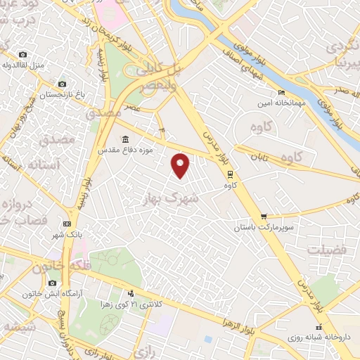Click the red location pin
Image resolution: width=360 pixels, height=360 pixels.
tap(181, 165)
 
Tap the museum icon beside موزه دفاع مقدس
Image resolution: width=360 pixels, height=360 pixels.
tap(125, 139)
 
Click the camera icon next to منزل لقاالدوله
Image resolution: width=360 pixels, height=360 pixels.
tap(23, 55)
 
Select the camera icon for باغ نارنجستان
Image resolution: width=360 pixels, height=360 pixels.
tap(62, 84)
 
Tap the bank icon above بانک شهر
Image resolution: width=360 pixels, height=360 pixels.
tap(67, 223)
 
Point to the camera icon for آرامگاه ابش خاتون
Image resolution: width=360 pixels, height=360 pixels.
tap(52, 283)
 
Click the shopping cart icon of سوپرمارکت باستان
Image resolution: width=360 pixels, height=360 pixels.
tap(264, 217)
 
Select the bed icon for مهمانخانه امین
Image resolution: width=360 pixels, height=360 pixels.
tap(282, 92)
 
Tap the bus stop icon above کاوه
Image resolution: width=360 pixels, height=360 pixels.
tap(229, 174)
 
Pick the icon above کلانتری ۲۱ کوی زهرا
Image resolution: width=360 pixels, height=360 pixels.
tap(131, 293)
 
